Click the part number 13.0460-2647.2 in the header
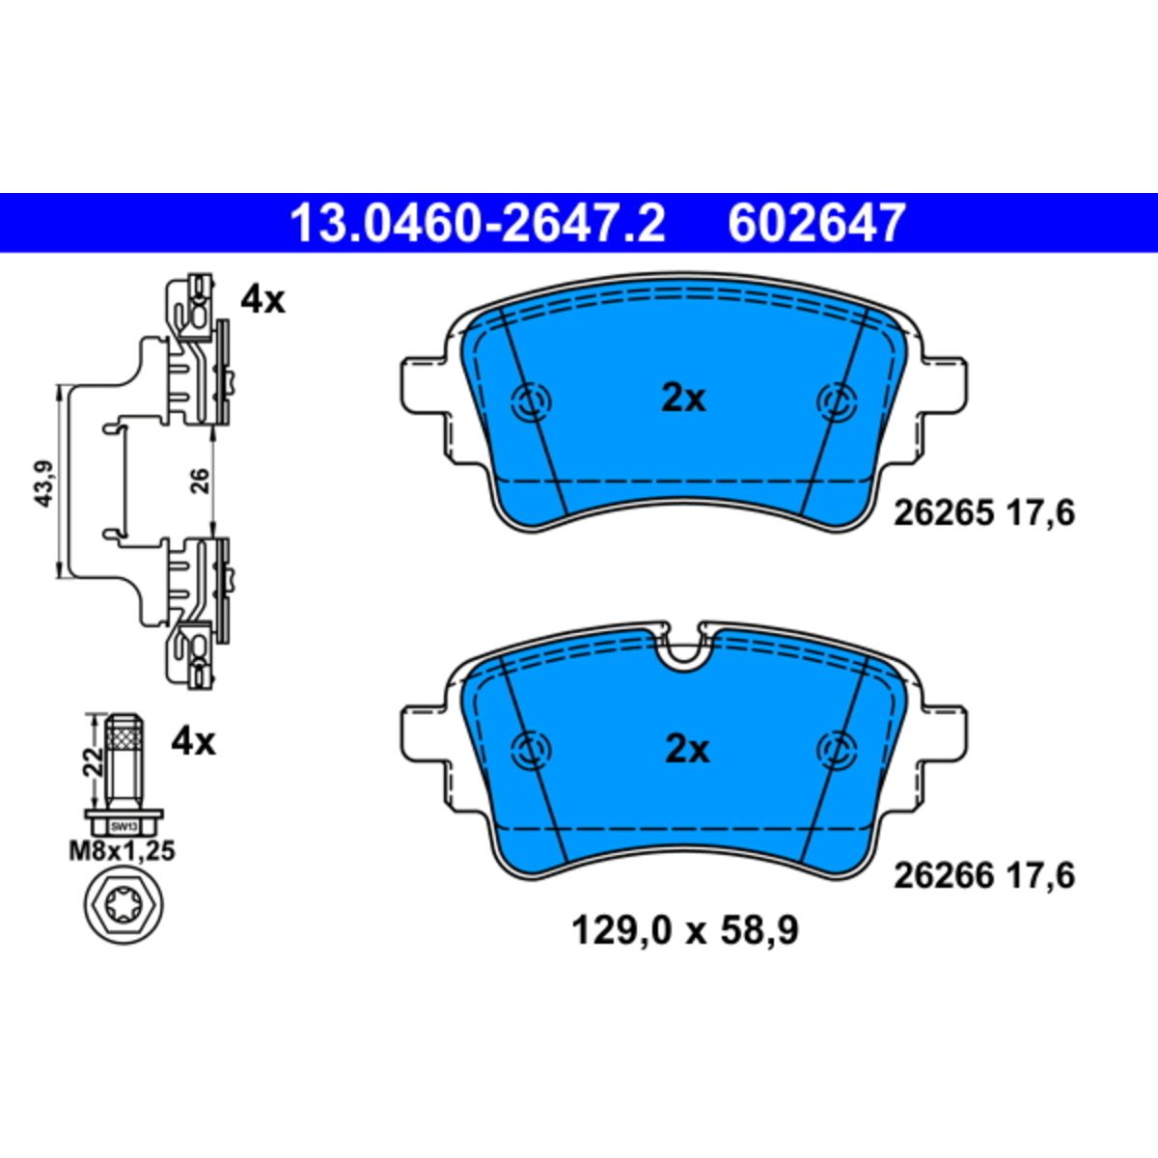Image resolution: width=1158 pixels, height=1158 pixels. click(x=478, y=223)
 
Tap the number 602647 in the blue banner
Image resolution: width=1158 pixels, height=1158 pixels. click(x=816, y=223)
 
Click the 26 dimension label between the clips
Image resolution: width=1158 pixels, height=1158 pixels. click(x=200, y=481)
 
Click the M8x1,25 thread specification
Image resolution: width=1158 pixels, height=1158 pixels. click(x=122, y=851)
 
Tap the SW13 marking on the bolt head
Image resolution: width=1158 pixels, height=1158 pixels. click(x=124, y=827)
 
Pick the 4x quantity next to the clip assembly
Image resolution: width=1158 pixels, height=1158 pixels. click(x=263, y=300)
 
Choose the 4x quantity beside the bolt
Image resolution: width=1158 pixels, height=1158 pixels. click(x=193, y=743)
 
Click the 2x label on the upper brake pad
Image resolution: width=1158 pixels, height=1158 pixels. click(x=684, y=399)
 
